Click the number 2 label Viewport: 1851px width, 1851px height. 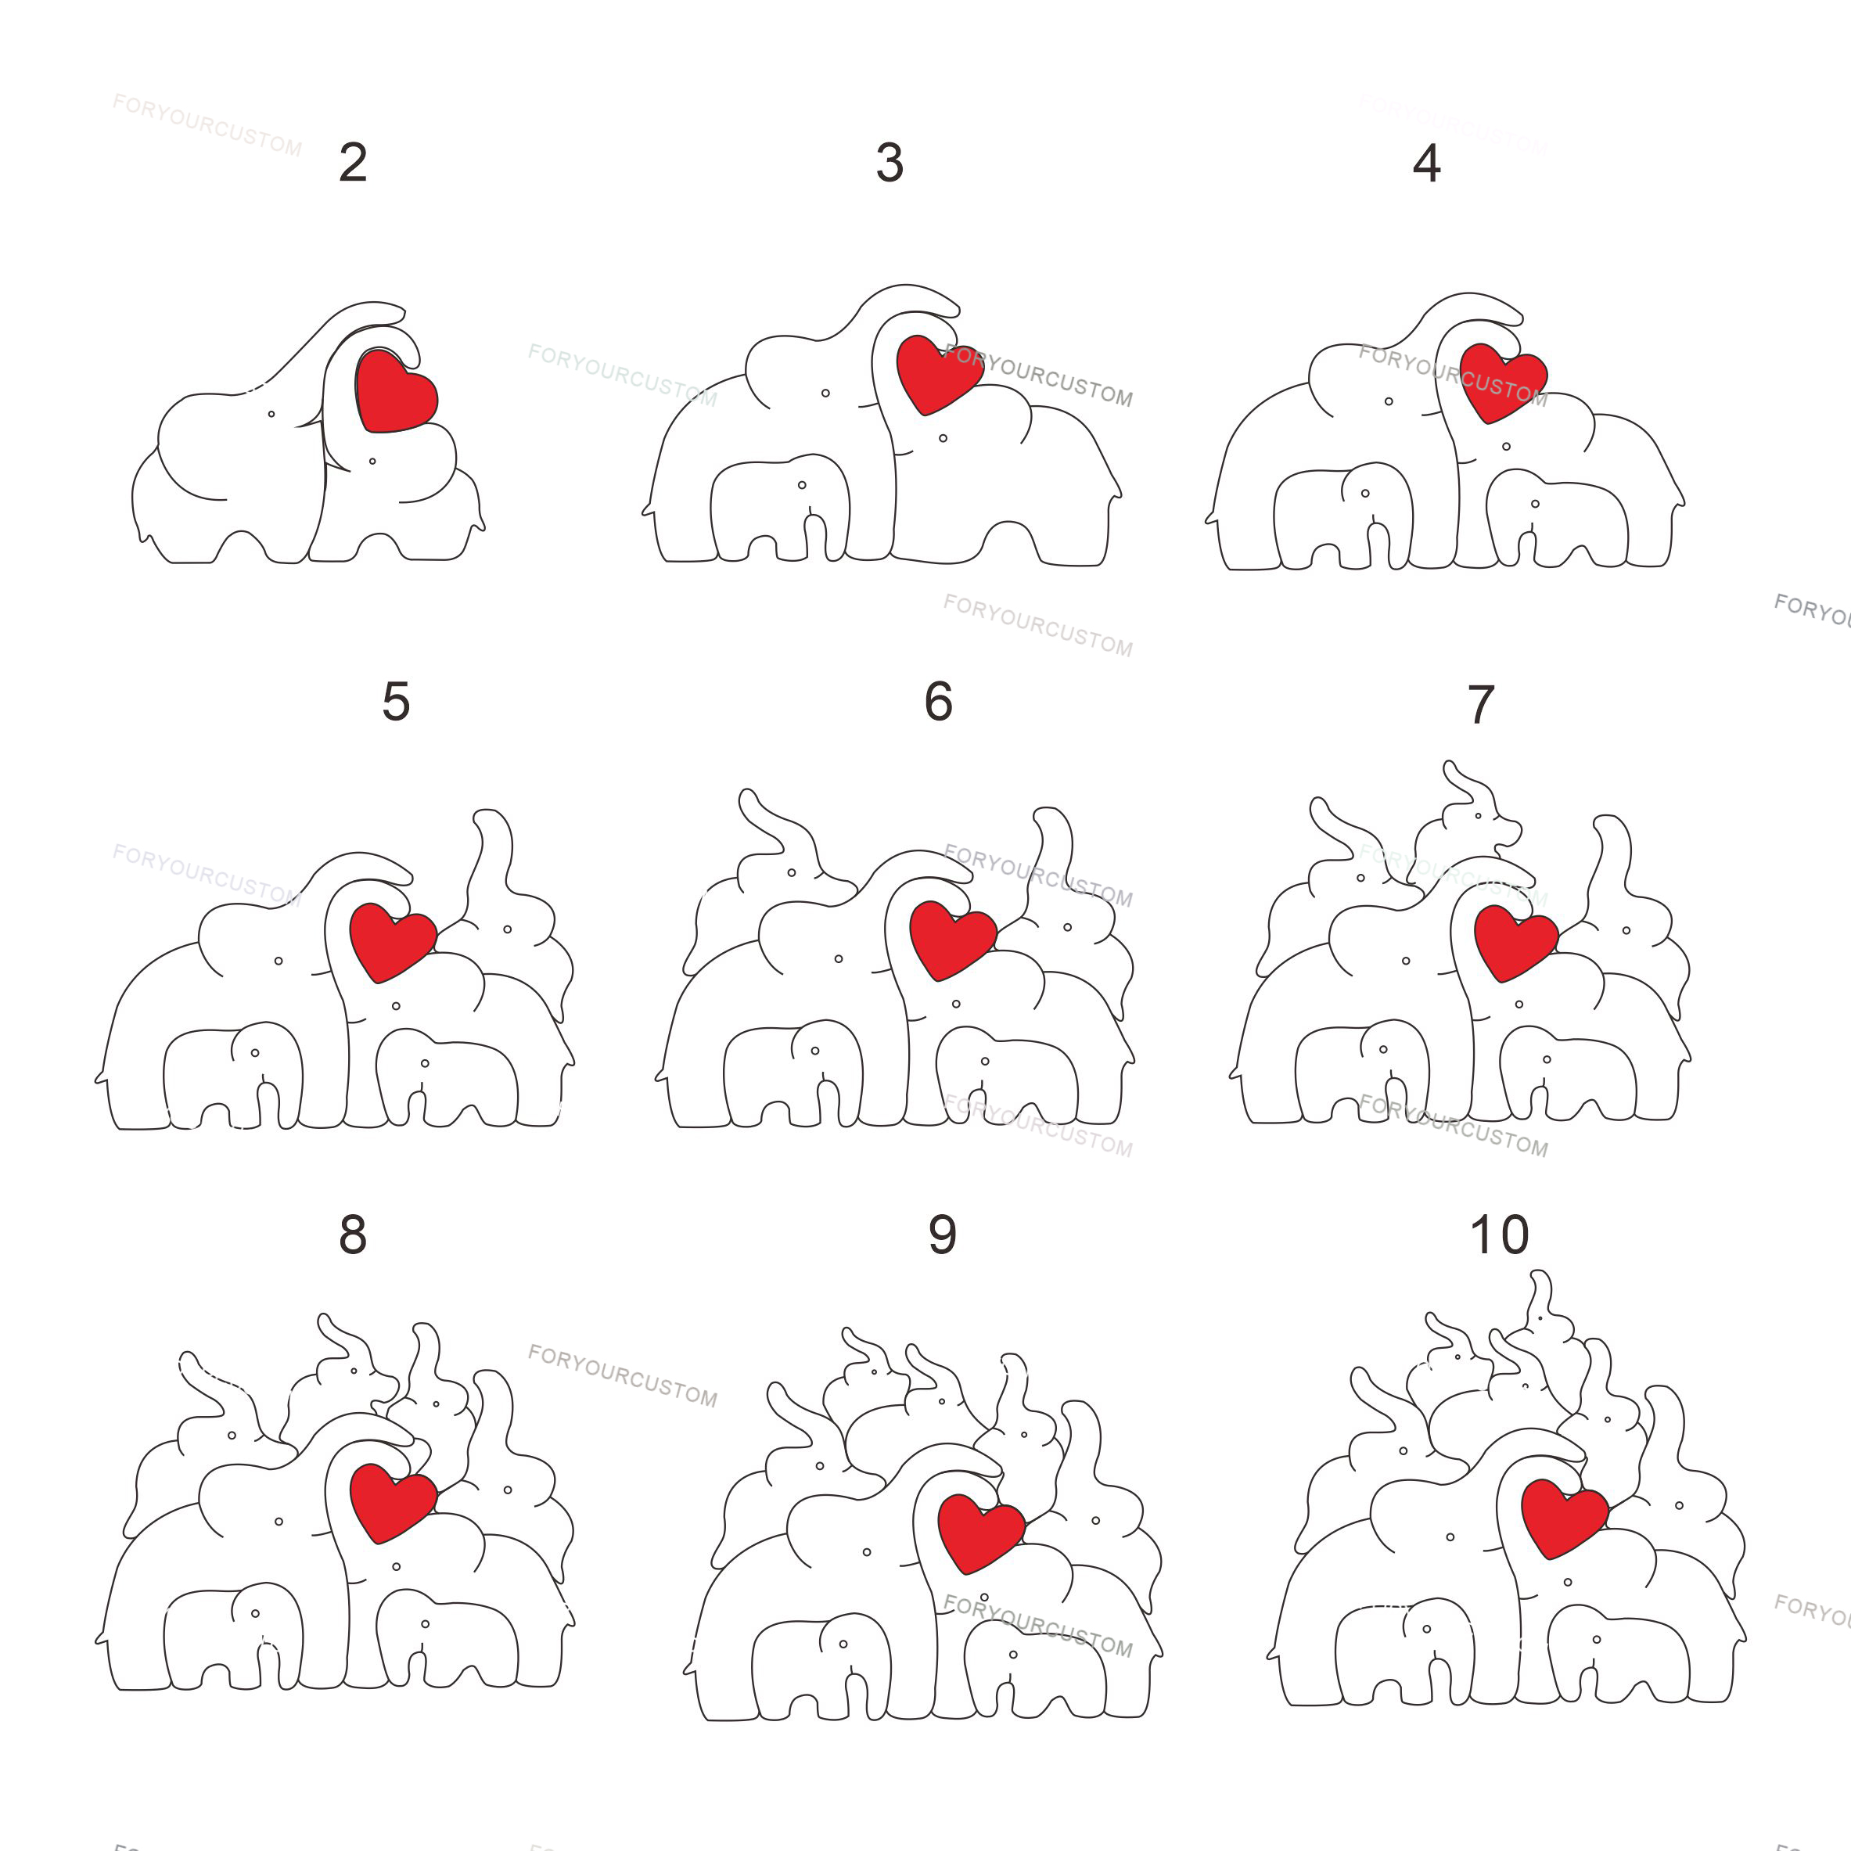tap(353, 163)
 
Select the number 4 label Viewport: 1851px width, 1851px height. tap(1426, 163)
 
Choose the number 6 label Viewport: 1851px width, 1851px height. tap(938, 700)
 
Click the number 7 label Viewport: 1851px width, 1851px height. tap(1480, 704)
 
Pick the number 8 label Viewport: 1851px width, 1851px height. tap(353, 1235)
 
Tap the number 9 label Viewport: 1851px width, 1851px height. tap(943, 1235)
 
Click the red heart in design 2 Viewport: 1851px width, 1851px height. tap(395, 392)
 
